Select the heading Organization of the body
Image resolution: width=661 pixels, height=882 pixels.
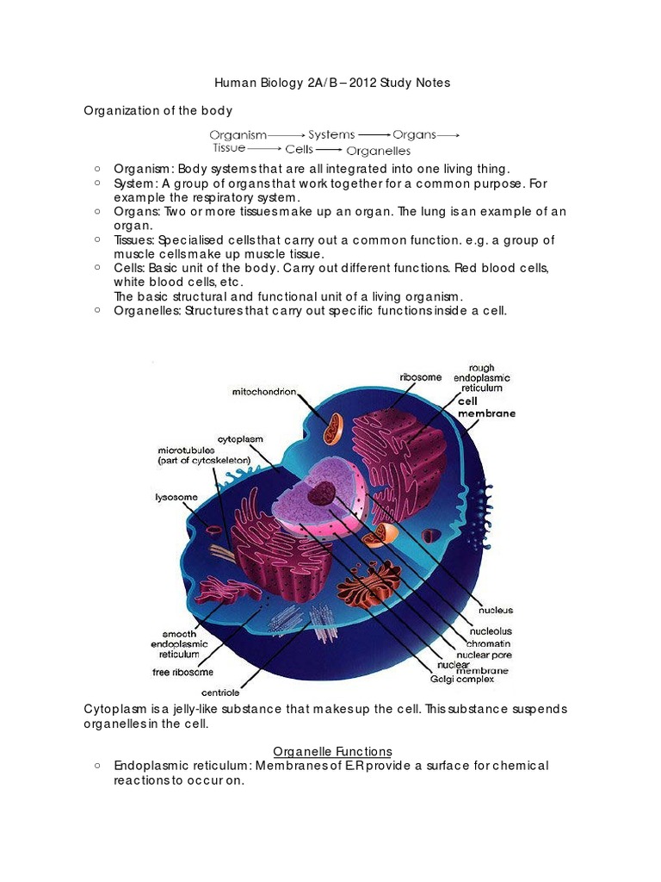tap(158, 111)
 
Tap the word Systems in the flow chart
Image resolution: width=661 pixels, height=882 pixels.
tap(331, 135)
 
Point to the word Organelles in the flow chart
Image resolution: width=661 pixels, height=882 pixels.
tap(379, 151)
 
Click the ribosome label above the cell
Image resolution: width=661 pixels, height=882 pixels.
tap(421, 376)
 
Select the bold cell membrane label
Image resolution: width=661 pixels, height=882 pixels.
tap(487, 407)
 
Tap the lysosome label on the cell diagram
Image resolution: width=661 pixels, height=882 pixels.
tap(176, 497)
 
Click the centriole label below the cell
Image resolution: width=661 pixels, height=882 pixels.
tap(220, 692)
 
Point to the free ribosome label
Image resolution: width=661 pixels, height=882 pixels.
tap(182, 672)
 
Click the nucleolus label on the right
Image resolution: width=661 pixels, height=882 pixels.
tap(488, 632)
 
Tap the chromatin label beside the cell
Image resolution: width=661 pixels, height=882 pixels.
tap(488, 643)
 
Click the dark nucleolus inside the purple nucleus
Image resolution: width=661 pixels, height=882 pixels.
tap(324, 494)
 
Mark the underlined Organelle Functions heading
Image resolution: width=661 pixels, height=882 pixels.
tap(332, 751)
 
